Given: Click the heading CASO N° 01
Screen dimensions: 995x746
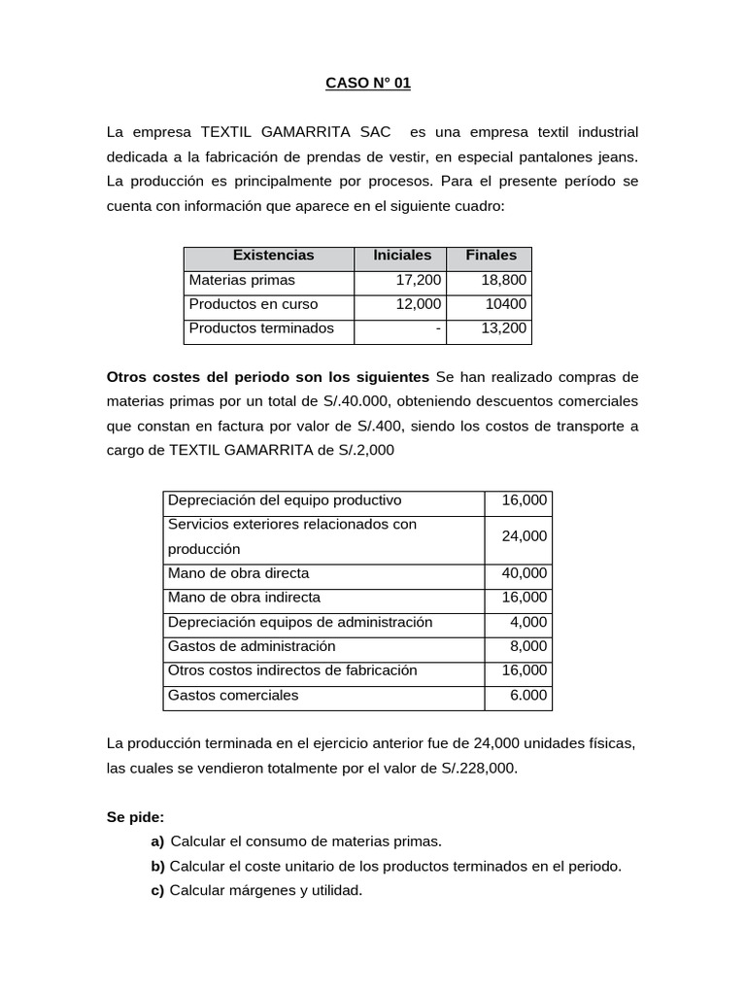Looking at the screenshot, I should pos(368,84).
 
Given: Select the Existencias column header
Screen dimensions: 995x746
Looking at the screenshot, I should pos(273,256).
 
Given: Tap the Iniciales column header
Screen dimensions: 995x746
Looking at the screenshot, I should pos(402,256).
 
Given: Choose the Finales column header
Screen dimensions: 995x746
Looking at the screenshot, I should pos(491,256).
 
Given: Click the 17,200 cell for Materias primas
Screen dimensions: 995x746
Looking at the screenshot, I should pos(419,280).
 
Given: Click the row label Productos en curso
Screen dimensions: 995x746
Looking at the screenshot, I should pos(254,304).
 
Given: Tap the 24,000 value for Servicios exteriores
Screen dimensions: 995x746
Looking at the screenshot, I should pos(524,536).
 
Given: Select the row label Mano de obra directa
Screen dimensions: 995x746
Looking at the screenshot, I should pos(238,573).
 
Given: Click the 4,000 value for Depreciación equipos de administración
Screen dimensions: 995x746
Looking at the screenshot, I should pos(528,622).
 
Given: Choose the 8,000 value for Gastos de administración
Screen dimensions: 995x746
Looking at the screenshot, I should pos(528,646).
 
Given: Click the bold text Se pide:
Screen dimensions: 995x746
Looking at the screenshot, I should pos(135,817).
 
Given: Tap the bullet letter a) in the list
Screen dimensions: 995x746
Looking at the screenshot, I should pos(157,841).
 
